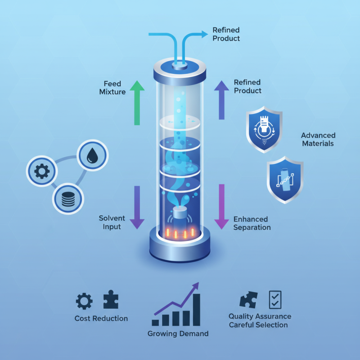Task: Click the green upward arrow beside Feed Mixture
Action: tap(137, 103)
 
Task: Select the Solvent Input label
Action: tap(112, 222)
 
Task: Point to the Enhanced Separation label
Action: tap(252, 223)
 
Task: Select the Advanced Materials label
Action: tap(318, 139)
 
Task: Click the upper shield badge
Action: tap(265, 129)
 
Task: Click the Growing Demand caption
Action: tap(178, 334)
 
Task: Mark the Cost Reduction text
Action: tap(101, 319)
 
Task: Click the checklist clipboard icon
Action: tap(275, 299)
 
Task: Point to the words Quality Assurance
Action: tap(260, 316)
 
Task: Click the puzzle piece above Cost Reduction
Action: tap(111, 300)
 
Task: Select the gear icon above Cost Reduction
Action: tap(84, 301)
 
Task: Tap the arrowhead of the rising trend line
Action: tap(196, 286)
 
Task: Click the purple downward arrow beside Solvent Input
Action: tap(137, 207)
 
